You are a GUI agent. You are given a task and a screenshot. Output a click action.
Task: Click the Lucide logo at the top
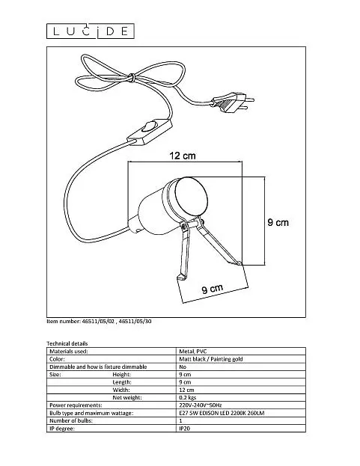coord(91,31)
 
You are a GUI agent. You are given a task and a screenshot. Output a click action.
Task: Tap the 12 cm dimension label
coord(183,156)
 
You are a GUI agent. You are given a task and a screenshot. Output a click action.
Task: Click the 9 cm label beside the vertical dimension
coord(278,222)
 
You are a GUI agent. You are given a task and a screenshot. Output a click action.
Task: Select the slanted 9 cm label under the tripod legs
coord(213,289)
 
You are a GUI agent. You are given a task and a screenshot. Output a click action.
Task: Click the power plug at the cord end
coord(233,102)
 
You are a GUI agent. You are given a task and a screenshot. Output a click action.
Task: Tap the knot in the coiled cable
coord(131,78)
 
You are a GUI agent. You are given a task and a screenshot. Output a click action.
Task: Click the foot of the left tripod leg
coord(180,278)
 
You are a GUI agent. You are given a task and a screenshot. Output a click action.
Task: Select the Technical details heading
coord(67,343)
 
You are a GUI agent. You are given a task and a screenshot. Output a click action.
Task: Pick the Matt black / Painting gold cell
coord(211,359)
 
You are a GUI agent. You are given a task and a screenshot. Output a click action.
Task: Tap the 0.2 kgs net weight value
coord(188,397)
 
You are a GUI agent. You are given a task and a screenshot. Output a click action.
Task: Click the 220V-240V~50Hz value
coord(201,405)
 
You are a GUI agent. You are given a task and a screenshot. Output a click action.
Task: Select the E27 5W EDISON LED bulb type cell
coord(222,413)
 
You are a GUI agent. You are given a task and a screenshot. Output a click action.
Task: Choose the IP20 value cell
coord(184,429)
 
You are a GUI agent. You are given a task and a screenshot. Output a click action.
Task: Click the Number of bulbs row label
coord(71,420)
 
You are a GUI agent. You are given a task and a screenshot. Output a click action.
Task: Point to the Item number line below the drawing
coord(99,322)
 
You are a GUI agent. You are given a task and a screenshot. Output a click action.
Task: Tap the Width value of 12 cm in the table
coord(186,390)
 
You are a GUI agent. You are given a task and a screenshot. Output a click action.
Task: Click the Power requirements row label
coord(76,405)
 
